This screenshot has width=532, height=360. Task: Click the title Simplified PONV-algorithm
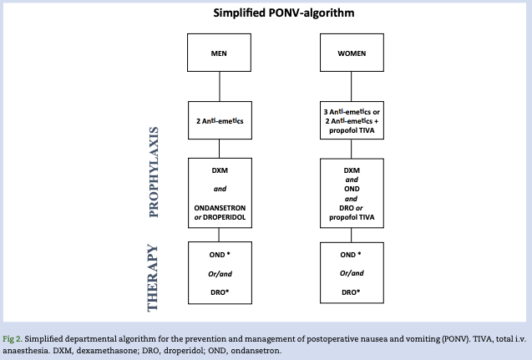pyautogui.click(x=266, y=13)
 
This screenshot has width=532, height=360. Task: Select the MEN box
pyautogui.click(x=219, y=53)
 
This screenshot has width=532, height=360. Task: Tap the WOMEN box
pyautogui.click(x=351, y=53)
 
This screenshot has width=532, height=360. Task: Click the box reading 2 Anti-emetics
pyautogui.click(x=219, y=120)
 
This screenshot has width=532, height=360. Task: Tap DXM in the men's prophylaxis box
pyautogui.click(x=220, y=170)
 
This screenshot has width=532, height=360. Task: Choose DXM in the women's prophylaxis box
pyautogui.click(x=352, y=170)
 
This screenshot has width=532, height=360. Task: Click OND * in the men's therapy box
pyautogui.click(x=220, y=254)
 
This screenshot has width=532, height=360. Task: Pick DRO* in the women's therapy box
pyautogui.click(x=352, y=292)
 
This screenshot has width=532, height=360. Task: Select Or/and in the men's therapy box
pyautogui.click(x=220, y=272)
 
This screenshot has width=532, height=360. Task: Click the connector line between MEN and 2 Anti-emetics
pyautogui.click(x=219, y=86)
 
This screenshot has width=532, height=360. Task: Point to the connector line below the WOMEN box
pyautogui.click(x=351, y=86)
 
